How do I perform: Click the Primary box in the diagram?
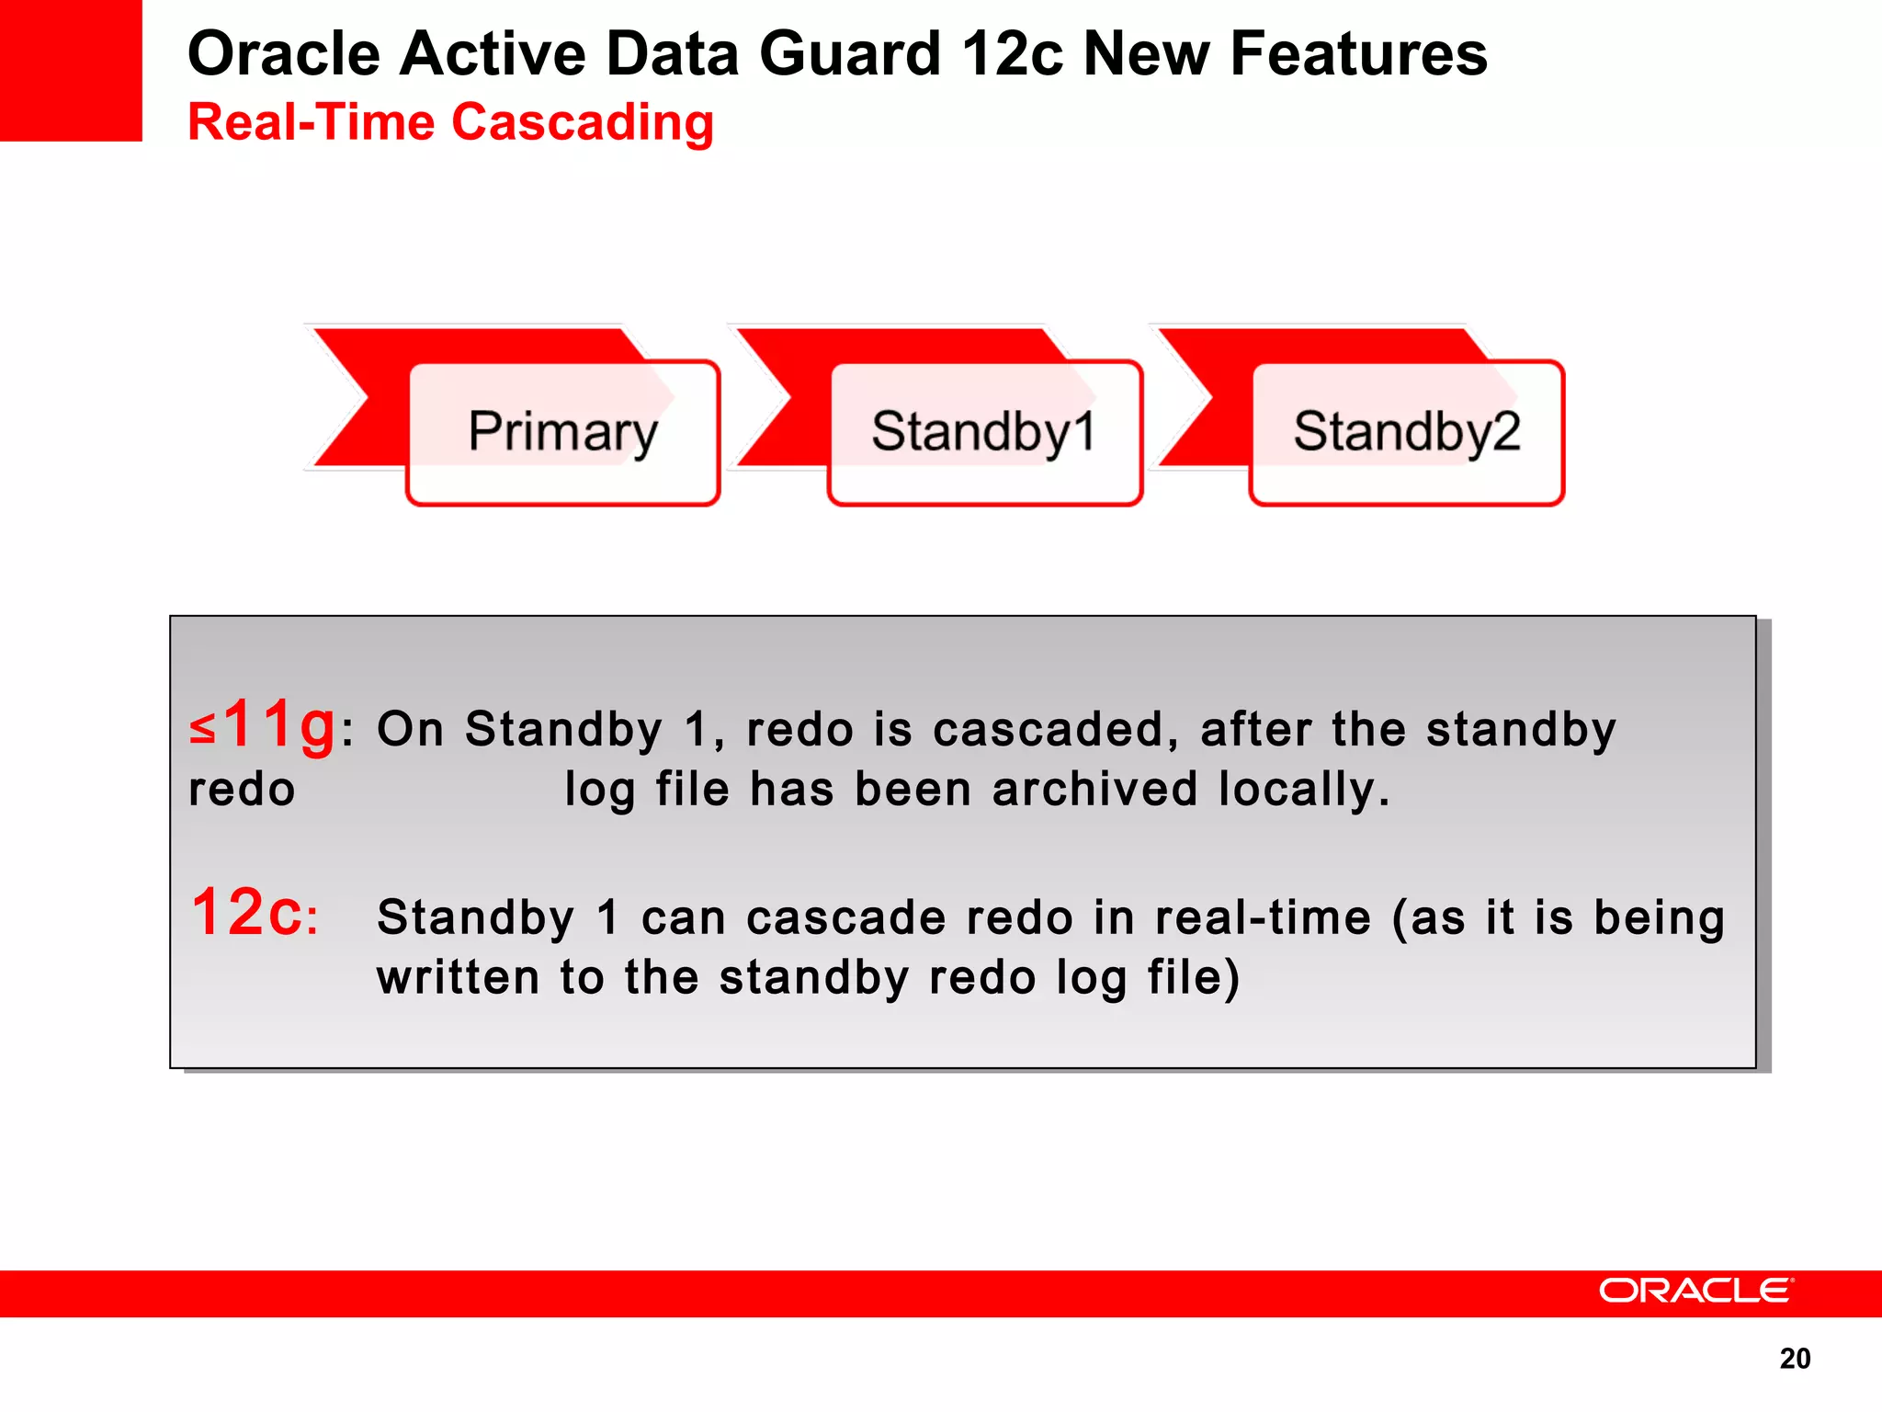coord(562,432)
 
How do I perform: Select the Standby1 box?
coord(984,432)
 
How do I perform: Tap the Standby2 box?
coord(1406,432)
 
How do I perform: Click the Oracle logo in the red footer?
coord(1695,1291)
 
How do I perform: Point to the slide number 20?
coord(1795,1359)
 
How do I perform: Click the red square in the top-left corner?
coord(71,70)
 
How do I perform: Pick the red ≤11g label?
coord(263,725)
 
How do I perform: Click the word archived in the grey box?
coord(1094,790)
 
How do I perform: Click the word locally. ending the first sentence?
coord(1304,790)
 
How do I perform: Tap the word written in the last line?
coord(458,977)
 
